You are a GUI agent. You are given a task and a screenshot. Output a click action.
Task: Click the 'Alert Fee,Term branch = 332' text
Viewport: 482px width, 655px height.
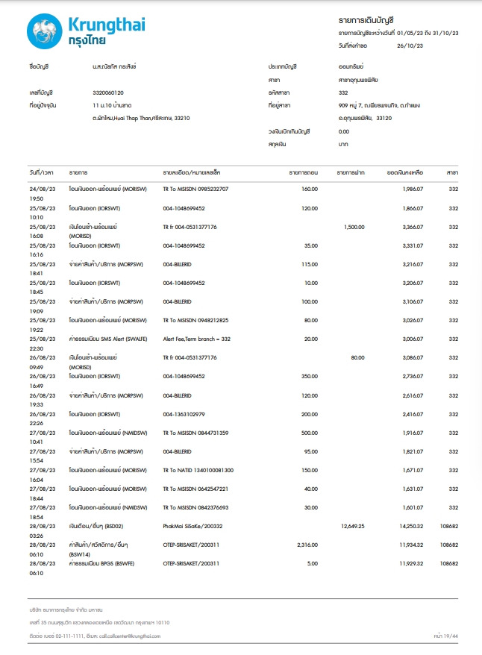(x=197, y=338)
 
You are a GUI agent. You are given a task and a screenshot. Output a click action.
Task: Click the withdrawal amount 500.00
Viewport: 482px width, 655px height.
(x=308, y=433)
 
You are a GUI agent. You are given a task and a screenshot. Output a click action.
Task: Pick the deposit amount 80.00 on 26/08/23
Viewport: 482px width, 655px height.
(x=357, y=357)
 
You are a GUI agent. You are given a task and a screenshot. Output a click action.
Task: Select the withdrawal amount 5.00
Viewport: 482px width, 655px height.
(x=312, y=564)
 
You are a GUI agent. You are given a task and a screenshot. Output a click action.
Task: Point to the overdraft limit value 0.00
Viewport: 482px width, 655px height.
(x=343, y=131)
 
